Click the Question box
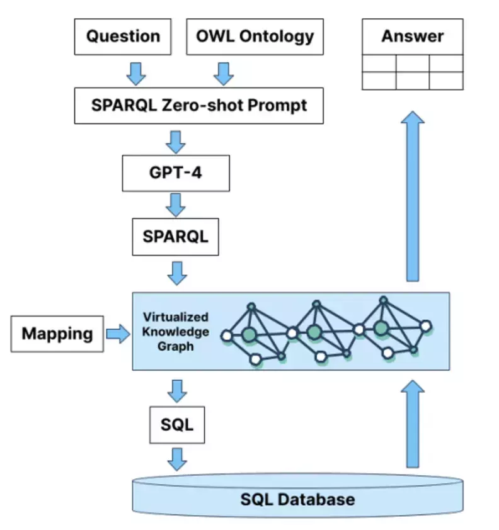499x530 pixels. coord(123,37)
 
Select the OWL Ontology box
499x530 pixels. coord(255,37)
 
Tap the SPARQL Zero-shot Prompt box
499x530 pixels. coord(199,106)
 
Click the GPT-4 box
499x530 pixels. coord(176,173)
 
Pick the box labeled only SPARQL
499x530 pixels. coord(175,237)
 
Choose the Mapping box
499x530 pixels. coord(57,334)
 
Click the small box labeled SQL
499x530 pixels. coord(177,425)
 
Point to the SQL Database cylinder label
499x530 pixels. coord(298,500)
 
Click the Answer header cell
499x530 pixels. coord(413,37)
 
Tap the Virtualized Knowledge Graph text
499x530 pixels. coord(176,332)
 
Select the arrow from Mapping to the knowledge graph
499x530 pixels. coord(118,334)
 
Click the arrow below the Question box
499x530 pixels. coord(136,74)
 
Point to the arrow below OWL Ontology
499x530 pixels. coord(224,74)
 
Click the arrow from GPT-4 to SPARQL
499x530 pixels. coord(176,205)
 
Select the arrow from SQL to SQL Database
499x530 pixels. coord(177,460)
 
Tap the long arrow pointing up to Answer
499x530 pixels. coord(413,196)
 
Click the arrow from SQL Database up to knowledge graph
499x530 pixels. coord(413,424)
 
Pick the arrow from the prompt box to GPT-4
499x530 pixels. coord(176,142)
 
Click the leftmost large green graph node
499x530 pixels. coord(249,334)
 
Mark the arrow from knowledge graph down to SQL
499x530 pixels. coord(177,391)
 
